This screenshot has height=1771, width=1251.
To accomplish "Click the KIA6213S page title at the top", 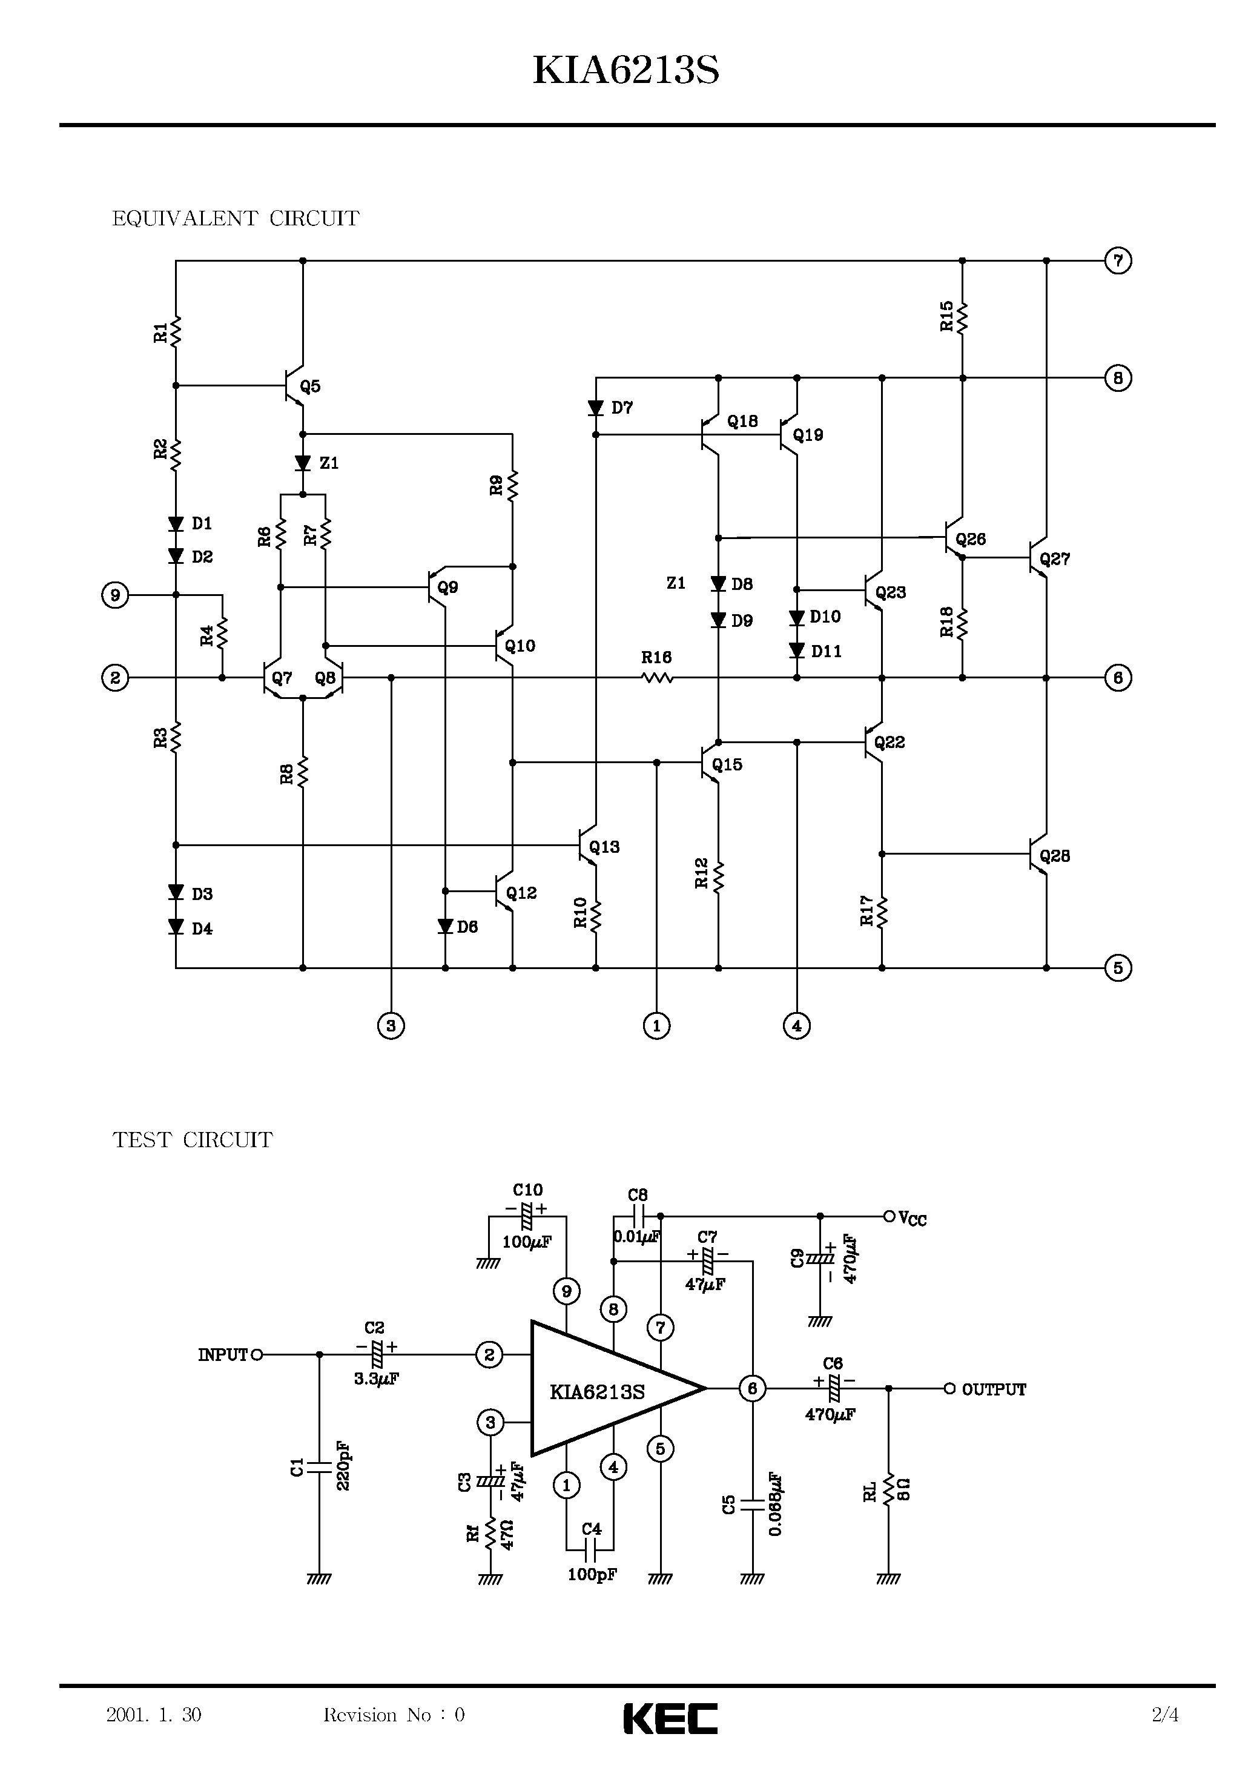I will pyautogui.click(x=625, y=71).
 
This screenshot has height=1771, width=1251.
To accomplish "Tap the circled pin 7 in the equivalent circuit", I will pyautogui.click(x=1118, y=260).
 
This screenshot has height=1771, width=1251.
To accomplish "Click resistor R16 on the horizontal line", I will pyautogui.click(x=656, y=677).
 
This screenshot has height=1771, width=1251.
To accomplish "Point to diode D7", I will pyautogui.click(x=595, y=408).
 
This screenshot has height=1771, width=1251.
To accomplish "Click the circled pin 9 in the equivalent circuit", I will pyautogui.click(x=115, y=595).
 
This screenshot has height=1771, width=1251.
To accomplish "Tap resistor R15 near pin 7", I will pyautogui.click(x=962, y=317).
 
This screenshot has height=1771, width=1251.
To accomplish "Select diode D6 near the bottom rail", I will pyautogui.click(x=445, y=926).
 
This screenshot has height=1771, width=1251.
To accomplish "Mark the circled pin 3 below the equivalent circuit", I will pyautogui.click(x=391, y=1025).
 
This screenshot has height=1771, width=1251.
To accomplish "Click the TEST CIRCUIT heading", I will pyautogui.click(x=192, y=1140).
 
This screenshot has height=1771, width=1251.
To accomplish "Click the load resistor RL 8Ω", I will pyautogui.click(x=888, y=1490).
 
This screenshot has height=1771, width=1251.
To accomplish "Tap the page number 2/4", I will pyautogui.click(x=1164, y=1715).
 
